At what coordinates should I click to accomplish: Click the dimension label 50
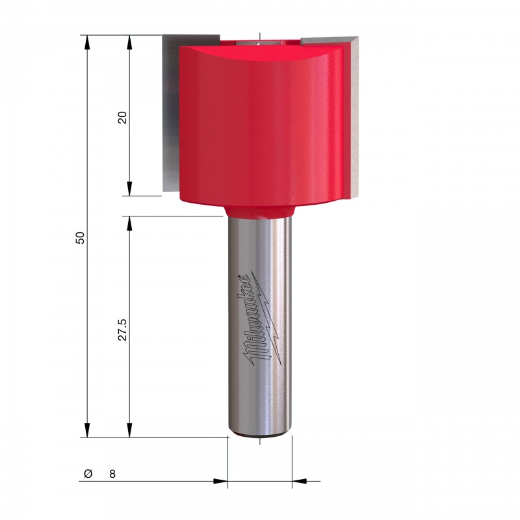coord(80,238)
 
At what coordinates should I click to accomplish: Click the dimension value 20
coord(123,118)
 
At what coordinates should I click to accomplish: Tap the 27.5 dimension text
coord(123,330)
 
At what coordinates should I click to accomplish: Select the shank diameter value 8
coord(112,474)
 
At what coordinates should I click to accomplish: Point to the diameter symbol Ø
coord(88,474)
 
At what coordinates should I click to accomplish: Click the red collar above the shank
coord(259,212)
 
